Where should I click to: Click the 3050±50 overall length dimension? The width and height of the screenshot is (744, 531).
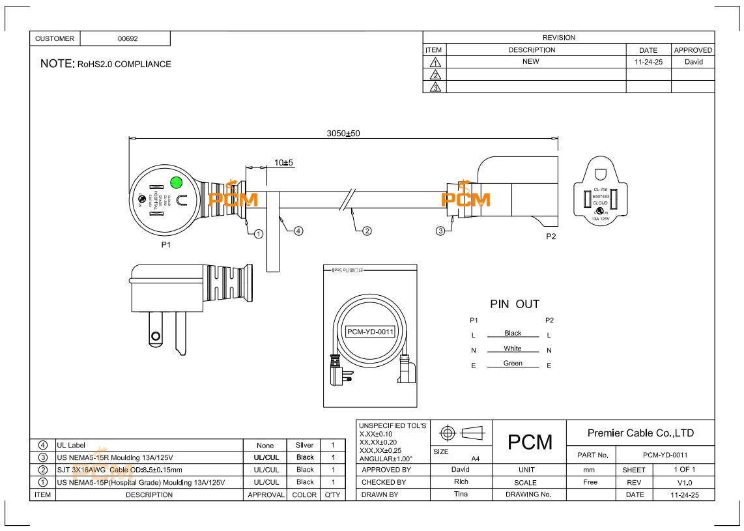[x=343, y=134]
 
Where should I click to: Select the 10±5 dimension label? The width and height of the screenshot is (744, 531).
[x=283, y=162]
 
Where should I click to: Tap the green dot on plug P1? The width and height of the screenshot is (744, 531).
[x=175, y=182]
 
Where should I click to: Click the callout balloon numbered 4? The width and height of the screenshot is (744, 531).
[x=298, y=231]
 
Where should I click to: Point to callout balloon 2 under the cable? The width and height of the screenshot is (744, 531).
[x=367, y=231]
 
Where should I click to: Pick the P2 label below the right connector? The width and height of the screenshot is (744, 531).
[x=551, y=237]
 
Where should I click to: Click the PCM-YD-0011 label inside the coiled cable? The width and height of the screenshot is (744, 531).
[x=370, y=332]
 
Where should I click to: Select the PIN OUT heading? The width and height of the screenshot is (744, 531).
[x=515, y=304]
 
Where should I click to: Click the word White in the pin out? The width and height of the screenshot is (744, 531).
[x=513, y=349]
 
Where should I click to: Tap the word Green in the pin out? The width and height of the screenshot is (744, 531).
[x=513, y=364]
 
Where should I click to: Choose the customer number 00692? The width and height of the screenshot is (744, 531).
[x=128, y=39]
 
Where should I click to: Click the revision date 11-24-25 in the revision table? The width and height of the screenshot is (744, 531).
[x=648, y=62]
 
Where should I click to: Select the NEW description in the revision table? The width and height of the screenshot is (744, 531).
[x=531, y=62]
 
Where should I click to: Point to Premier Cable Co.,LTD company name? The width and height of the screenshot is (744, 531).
[x=640, y=433]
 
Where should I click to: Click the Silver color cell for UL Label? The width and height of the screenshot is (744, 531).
[x=305, y=445]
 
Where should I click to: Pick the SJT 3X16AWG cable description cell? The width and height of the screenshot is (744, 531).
[x=120, y=470]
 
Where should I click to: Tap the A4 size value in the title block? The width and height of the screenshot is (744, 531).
[x=476, y=459]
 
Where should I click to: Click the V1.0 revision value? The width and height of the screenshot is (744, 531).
[x=684, y=482]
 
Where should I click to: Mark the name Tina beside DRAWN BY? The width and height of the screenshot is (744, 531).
[x=460, y=495]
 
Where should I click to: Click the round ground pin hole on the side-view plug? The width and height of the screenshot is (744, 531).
[x=155, y=336]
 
